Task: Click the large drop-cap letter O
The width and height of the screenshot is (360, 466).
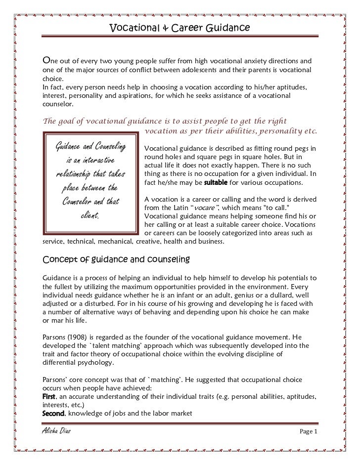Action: [46, 60]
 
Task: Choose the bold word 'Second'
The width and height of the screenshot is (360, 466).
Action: [53, 414]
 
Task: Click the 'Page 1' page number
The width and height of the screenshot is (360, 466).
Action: [309, 432]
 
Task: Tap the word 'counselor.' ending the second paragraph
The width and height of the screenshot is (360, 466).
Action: [58, 105]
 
